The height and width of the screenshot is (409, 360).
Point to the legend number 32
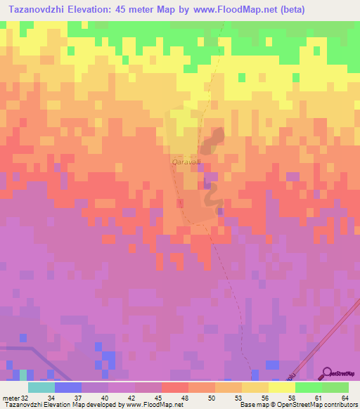point(25,397)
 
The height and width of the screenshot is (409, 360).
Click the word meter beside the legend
point(10,397)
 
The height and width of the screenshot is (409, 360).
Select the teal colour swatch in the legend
point(41,387)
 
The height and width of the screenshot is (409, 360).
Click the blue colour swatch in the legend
point(67,387)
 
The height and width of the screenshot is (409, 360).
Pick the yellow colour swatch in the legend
point(281,387)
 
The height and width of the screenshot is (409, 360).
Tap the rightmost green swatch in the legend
point(335,387)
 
